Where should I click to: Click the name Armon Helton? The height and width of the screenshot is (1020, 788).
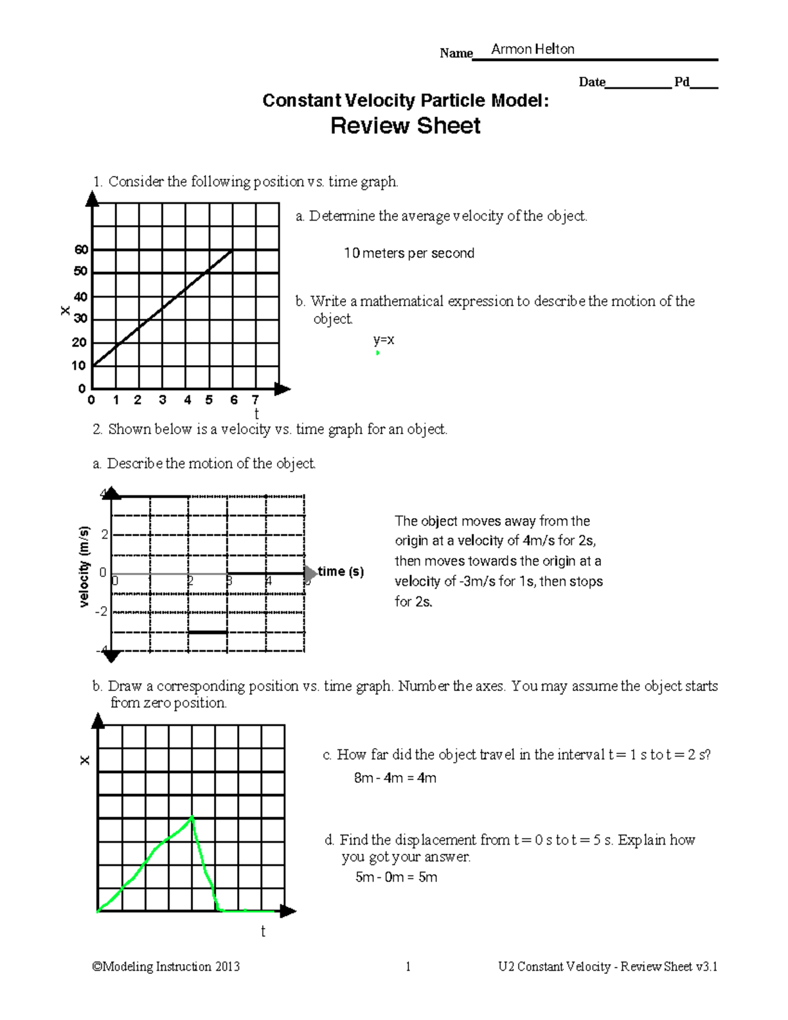(533, 49)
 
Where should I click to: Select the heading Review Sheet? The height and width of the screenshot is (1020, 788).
(405, 125)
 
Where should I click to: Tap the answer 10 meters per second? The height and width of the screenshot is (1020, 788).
(409, 254)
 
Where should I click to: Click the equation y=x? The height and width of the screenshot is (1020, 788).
(383, 340)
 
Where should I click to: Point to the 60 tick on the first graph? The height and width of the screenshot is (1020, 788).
(81, 250)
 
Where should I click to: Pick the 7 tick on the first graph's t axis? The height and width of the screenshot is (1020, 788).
(255, 399)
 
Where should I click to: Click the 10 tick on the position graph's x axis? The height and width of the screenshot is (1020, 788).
(79, 365)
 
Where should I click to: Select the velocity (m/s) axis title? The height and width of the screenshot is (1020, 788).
(84, 567)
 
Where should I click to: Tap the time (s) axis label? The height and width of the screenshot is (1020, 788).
(340, 571)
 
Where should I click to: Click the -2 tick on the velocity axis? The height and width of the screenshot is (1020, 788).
(101, 611)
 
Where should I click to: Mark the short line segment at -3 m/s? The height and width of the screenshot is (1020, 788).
(208, 632)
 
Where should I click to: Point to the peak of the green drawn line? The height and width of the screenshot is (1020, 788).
(192, 816)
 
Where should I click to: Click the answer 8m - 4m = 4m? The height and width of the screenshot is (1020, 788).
(395, 778)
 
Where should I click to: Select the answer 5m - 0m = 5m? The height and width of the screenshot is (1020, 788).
(396, 877)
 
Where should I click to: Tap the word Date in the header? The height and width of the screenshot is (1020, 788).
(592, 82)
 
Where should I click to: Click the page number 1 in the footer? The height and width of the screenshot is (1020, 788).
(408, 966)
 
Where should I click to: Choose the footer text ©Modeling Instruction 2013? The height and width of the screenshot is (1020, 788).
(166, 966)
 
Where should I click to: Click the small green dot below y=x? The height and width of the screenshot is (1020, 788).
(378, 353)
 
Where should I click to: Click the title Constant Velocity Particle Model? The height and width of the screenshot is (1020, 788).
(405, 100)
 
